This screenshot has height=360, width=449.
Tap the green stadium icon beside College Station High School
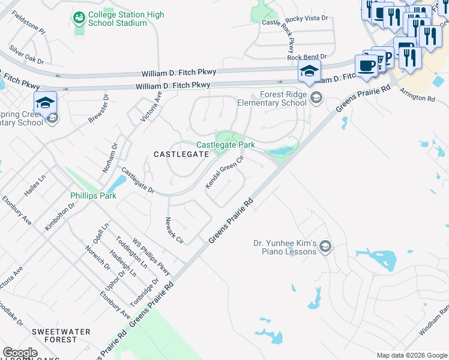(79, 19)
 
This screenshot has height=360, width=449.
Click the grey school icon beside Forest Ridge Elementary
(316, 97)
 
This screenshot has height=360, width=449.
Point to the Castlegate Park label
(226, 145)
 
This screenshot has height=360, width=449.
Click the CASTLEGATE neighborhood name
(181, 154)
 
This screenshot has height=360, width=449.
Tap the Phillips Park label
(91, 195)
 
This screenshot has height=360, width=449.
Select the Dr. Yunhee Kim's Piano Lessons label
(284, 247)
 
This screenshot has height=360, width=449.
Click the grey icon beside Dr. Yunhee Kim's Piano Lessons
(325, 246)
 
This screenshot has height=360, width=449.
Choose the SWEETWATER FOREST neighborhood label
(61, 335)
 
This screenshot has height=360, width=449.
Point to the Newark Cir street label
(174, 230)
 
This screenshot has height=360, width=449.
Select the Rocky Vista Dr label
(307, 19)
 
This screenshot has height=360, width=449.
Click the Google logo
(20, 353)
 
